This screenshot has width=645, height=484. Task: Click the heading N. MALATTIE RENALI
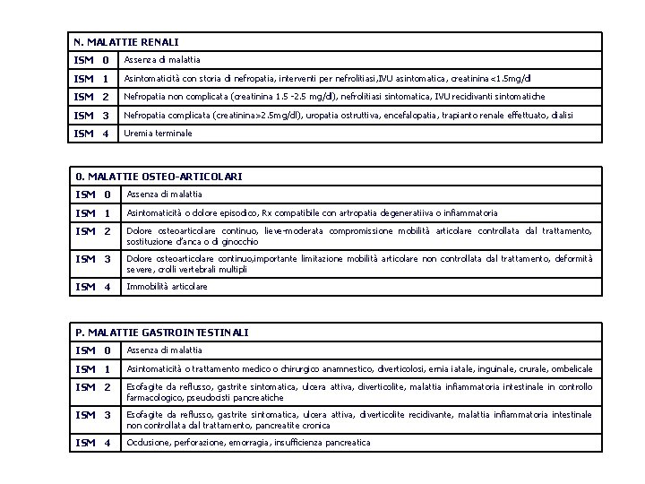pos(126,41)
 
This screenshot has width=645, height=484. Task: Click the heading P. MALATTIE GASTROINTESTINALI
pos(162,333)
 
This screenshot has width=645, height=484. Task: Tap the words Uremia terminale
pos(158,134)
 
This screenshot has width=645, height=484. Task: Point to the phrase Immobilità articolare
pos(168,287)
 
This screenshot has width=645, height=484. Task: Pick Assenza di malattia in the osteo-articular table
pos(165,194)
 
